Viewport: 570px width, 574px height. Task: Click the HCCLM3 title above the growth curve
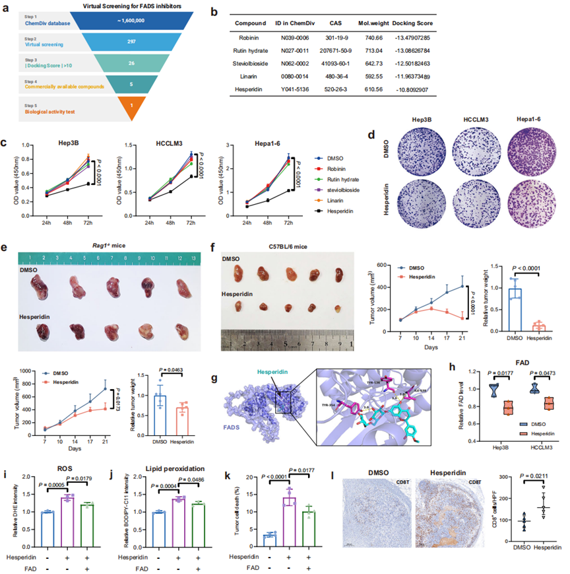click(x=154, y=143)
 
